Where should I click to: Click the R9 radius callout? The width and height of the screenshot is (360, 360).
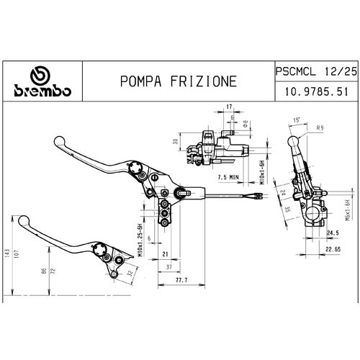coord(320,127)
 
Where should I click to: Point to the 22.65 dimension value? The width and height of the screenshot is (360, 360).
coord(333,249)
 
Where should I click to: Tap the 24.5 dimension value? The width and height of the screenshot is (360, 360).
coord(333,233)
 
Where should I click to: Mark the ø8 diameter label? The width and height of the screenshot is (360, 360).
coord(246,124)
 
